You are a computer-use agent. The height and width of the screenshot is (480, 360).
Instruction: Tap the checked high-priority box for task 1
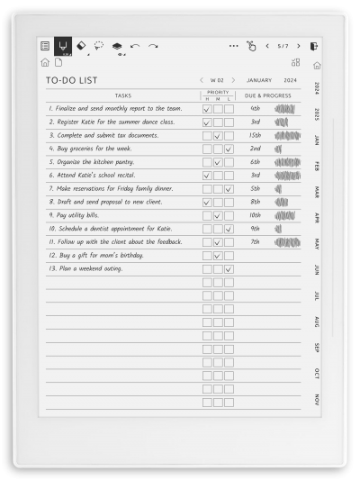click(207, 109)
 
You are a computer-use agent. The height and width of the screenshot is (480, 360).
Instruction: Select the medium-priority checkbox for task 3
click(218, 136)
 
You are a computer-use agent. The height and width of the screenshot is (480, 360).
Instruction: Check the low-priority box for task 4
click(229, 149)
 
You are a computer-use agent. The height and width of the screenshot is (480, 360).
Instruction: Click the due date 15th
click(256, 135)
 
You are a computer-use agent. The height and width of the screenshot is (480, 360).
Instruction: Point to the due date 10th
click(256, 215)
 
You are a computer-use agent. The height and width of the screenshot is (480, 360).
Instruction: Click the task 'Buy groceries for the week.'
click(91, 149)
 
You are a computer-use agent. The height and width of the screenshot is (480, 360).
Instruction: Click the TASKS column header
click(123, 95)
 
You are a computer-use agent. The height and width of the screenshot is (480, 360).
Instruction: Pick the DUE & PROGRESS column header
click(268, 95)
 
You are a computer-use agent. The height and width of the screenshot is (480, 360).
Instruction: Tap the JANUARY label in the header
click(259, 79)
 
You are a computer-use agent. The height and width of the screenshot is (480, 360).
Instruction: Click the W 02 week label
click(218, 79)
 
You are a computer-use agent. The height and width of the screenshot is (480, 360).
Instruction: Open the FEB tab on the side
click(317, 166)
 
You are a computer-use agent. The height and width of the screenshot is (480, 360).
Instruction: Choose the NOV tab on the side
click(317, 399)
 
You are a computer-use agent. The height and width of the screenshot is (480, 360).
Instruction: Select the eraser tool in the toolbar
click(81, 45)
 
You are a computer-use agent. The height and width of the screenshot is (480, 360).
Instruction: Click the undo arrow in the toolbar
click(135, 45)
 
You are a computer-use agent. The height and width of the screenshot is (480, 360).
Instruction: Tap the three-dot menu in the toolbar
click(234, 45)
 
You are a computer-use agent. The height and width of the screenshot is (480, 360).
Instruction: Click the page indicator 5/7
click(283, 45)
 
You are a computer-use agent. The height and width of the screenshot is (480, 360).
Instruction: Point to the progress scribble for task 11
click(287, 242)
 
